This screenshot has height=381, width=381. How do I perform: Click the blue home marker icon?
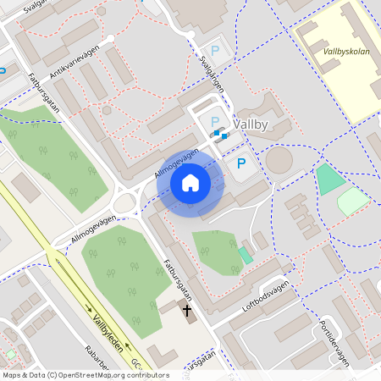coord(190,183)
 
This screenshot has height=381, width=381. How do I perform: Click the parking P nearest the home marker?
coord(241,163)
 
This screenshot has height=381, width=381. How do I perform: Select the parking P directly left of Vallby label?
coord(214,122)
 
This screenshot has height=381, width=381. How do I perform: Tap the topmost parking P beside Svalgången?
coord(214,51)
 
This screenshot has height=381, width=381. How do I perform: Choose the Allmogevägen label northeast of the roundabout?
coord(177,163)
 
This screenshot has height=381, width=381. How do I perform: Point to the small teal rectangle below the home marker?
coord(245,254)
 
